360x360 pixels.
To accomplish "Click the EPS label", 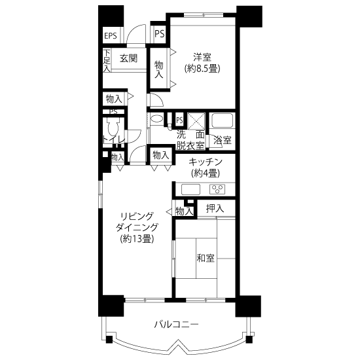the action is pos(111,36).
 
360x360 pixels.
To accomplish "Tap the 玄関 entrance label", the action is pos(128,58).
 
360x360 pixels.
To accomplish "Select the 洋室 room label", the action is pos(202,57).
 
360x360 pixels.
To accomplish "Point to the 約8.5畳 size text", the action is pos(202,69).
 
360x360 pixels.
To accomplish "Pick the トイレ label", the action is pos(114,140).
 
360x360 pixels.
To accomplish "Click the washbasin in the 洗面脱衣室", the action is pos(157,118).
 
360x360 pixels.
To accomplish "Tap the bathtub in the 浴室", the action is pos(223,120).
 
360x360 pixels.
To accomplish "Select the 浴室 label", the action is pos(223,140).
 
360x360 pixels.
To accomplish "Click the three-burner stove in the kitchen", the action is pos(217,190).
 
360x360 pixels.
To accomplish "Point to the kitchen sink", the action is pos(190,190).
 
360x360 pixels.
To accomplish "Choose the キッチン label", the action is pos(206,162).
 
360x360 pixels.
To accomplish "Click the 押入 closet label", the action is pos(215,208).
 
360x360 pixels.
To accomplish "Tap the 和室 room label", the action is pos(206,258).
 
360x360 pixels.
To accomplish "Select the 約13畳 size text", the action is pos(137,239).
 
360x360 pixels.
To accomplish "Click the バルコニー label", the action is pos(176,325).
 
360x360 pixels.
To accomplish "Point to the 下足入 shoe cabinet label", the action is pos(107,61).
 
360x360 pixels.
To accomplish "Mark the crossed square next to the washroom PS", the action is pos(196,122).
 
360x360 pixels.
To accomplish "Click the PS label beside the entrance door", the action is pos(160,34).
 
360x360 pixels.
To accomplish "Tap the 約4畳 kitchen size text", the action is pos(206,173).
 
